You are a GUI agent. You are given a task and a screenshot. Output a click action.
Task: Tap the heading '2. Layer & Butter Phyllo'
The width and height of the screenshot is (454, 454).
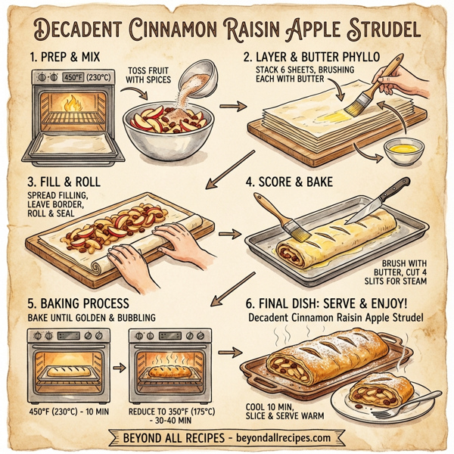[330, 57]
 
